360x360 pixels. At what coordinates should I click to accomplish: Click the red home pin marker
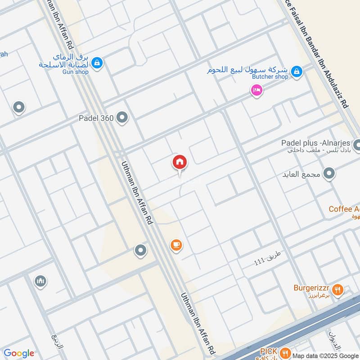pos(180,162)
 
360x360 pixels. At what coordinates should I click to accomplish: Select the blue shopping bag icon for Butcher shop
pos(296,71)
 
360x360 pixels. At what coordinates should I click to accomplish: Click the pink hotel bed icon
pos(257,90)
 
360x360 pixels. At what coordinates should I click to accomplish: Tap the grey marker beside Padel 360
pos(122,118)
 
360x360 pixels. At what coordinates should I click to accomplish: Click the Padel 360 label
pos(95,118)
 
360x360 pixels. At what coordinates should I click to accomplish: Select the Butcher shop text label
pos(269,77)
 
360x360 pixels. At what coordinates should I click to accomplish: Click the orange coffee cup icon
pos(176,245)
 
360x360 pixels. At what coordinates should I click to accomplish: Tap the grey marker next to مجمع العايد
pos(330,174)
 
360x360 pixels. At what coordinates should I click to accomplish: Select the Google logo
pos(19,353)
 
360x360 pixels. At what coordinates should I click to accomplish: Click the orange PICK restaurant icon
pos(284,352)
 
